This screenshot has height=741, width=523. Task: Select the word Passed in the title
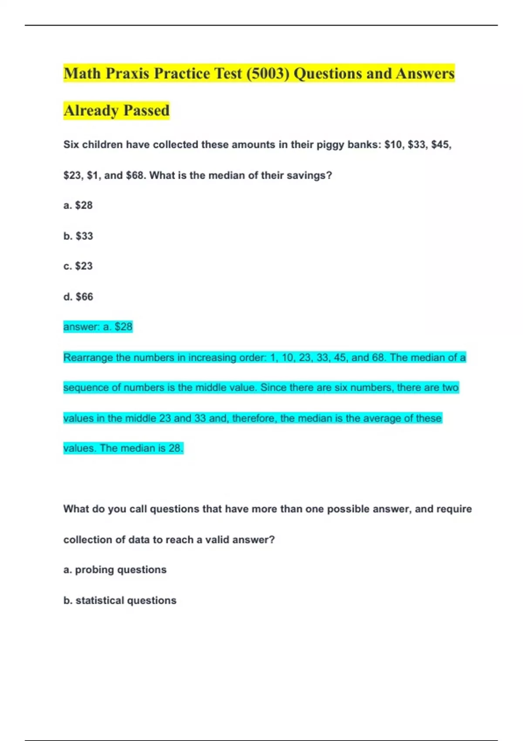tap(146, 111)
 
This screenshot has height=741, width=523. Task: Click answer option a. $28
tap(78, 205)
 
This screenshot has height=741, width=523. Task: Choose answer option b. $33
tap(78, 236)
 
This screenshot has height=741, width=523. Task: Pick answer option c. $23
tap(78, 266)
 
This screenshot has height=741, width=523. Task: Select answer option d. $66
tap(78, 297)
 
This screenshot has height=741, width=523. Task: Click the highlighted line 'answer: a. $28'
tap(98, 327)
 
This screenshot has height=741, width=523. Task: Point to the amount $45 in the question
tap(441, 145)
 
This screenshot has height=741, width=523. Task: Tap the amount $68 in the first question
tap(135, 176)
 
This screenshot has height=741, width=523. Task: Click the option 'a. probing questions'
tap(115, 570)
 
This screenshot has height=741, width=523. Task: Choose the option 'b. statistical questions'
tap(120, 601)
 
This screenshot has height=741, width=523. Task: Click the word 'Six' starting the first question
tap(71, 145)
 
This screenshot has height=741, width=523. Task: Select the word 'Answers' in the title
tap(425, 74)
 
